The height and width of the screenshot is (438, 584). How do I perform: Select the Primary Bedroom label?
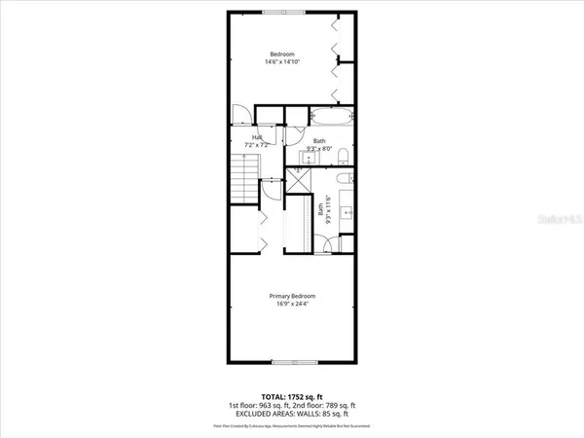tap(292, 296)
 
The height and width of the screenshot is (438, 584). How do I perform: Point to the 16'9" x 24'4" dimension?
tap(292, 305)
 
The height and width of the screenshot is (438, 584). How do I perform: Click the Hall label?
tap(258, 137)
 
